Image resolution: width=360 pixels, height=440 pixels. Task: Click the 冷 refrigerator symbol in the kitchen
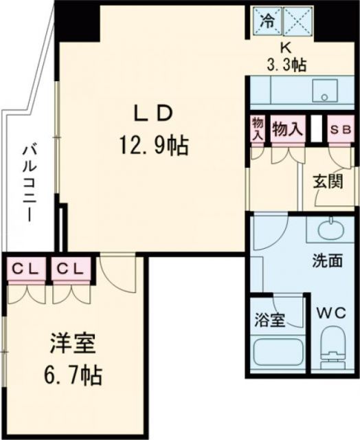point(268,21)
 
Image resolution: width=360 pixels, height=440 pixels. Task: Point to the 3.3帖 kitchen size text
point(286,65)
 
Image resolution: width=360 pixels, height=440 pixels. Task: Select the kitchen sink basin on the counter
point(320,90)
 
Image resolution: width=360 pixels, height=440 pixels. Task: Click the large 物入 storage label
point(286,129)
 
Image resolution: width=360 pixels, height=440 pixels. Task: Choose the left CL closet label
point(26,269)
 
